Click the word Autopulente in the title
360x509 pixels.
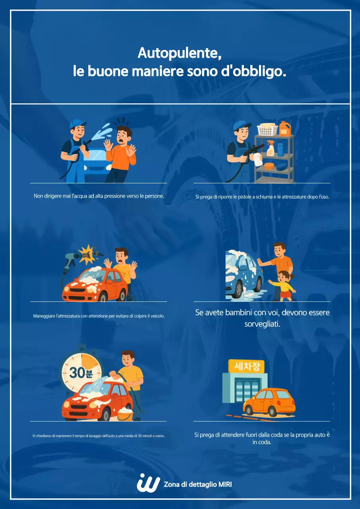179,53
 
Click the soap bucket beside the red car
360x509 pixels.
125,414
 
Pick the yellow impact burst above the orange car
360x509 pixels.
87,254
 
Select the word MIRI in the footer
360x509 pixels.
225,484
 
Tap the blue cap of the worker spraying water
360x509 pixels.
77,124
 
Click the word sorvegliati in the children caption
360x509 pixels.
262,324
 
